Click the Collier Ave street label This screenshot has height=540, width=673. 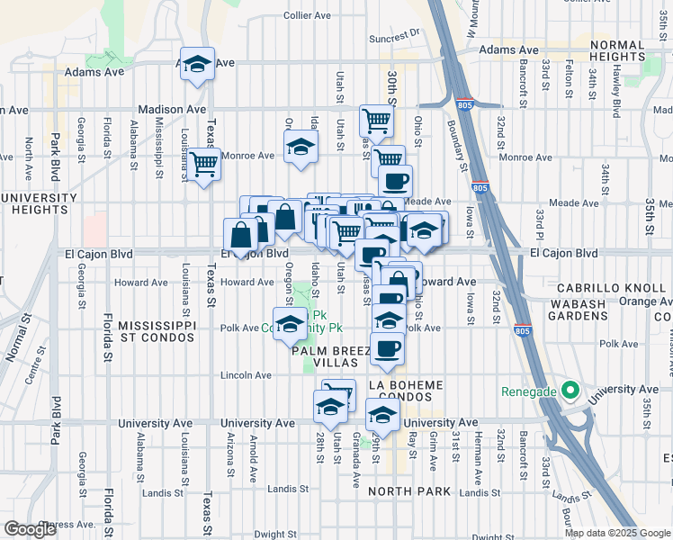click(309, 15)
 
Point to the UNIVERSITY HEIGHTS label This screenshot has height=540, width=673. click(39, 203)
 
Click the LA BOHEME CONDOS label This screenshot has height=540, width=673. click(406, 391)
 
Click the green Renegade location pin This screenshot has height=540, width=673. click(569, 391)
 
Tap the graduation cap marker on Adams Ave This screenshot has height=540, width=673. click(197, 65)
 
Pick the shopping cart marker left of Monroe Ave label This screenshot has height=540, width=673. click(204, 164)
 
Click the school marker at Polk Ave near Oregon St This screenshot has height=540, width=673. click(290, 325)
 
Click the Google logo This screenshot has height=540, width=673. click(30, 529)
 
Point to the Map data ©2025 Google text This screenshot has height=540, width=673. click(617, 533)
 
